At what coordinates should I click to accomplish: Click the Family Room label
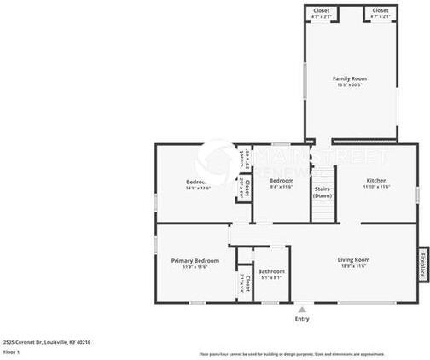[x=350, y=78]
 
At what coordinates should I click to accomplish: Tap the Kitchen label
[x=377, y=181]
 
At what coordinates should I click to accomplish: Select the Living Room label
[x=352, y=259]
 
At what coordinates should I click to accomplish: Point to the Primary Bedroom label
[x=195, y=260]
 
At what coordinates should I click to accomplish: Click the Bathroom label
[x=271, y=271]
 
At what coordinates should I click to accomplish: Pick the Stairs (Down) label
[x=322, y=192]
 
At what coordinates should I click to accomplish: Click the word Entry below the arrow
[x=302, y=319]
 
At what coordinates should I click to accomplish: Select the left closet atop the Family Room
[x=322, y=13]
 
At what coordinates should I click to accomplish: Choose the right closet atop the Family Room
[x=381, y=13]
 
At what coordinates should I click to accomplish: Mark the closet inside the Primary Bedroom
[x=243, y=281]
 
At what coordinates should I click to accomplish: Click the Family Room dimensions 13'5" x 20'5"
[x=350, y=85]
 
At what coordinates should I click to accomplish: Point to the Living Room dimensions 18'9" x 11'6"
[x=352, y=266]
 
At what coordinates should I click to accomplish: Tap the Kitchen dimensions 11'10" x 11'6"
[x=377, y=188]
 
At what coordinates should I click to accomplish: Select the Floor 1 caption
[x=12, y=351]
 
